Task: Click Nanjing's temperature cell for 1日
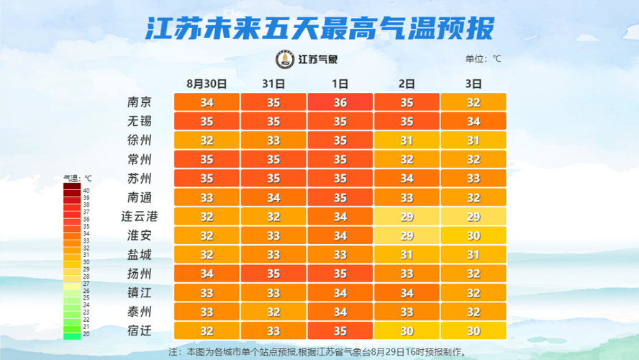tap(340, 102)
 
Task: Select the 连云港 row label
tap(139, 216)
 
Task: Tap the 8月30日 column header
tap(207, 84)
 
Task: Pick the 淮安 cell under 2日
tap(407, 235)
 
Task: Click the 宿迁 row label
tap(139, 330)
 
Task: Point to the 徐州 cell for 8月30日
tap(207, 140)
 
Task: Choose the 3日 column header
tap(473, 84)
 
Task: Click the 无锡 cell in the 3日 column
tap(473, 122)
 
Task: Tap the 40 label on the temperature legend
tap(86, 190)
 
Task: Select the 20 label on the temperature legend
tap(86, 334)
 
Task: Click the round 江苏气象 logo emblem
tap(286, 58)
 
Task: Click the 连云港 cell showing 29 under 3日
tap(473, 217)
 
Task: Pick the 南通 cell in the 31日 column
tap(273, 197)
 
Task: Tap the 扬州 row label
tap(139, 274)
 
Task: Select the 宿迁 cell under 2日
tap(407, 330)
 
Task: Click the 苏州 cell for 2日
tap(407, 179)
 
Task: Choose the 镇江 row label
tap(139, 292)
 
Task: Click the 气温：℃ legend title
tap(78, 177)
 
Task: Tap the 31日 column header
tap(273, 84)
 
